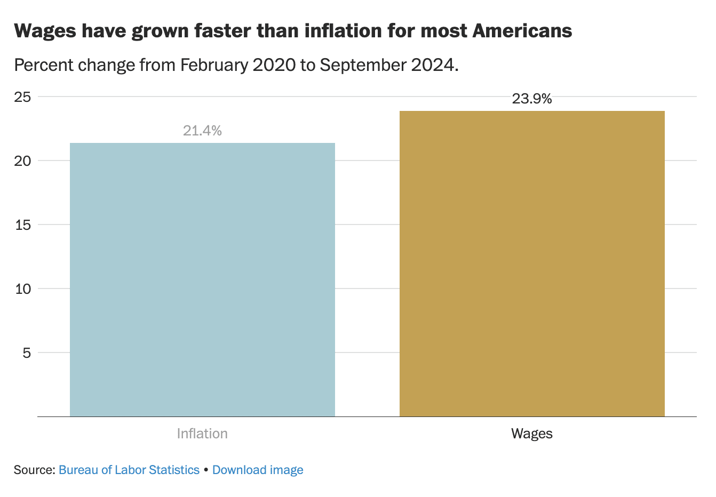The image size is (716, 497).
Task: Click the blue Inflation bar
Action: pyautogui.click(x=202, y=279)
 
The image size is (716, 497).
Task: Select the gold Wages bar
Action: pyautogui.click(x=532, y=263)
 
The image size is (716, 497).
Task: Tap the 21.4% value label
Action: pyautogui.click(x=202, y=131)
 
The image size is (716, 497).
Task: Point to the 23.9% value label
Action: pyautogui.click(x=532, y=99)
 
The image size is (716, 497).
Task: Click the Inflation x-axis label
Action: pyautogui.click(x=202, y=434)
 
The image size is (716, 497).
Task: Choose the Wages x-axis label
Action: pyautogui.click(x=532, y=434)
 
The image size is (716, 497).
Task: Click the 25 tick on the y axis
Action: pyautogui.click(x=22, y=97)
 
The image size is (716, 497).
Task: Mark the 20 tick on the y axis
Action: pyautogui.click(x=22, y=161)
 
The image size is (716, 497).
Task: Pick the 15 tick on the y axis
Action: pyautogui.click(x=22, y=225)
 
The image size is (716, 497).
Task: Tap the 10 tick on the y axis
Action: pyautogui.click(x=22, y=289)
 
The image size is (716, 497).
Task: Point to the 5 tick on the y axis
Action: pyautogui.click(x=27, y=353)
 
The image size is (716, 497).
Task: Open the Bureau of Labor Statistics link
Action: pyautogui.click(x=129, y=470)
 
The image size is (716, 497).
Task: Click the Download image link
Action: pyautogui.click(x=258, y=470)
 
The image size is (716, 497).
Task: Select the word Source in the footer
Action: pyautogui.click(x=33, y=470)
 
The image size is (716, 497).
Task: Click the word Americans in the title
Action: pyautogui.click(x=522, y=31)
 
